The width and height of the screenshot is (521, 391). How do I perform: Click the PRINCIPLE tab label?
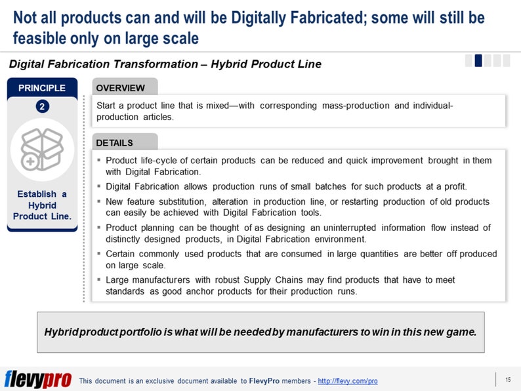[42, 88]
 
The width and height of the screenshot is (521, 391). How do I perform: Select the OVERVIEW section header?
[121, 88]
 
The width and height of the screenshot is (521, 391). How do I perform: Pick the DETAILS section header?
[115, 142]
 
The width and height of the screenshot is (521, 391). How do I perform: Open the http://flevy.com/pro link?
[348, 381]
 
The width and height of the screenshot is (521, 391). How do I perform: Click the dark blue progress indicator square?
[478, 60]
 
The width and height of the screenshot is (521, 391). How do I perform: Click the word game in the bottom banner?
[459, 332]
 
